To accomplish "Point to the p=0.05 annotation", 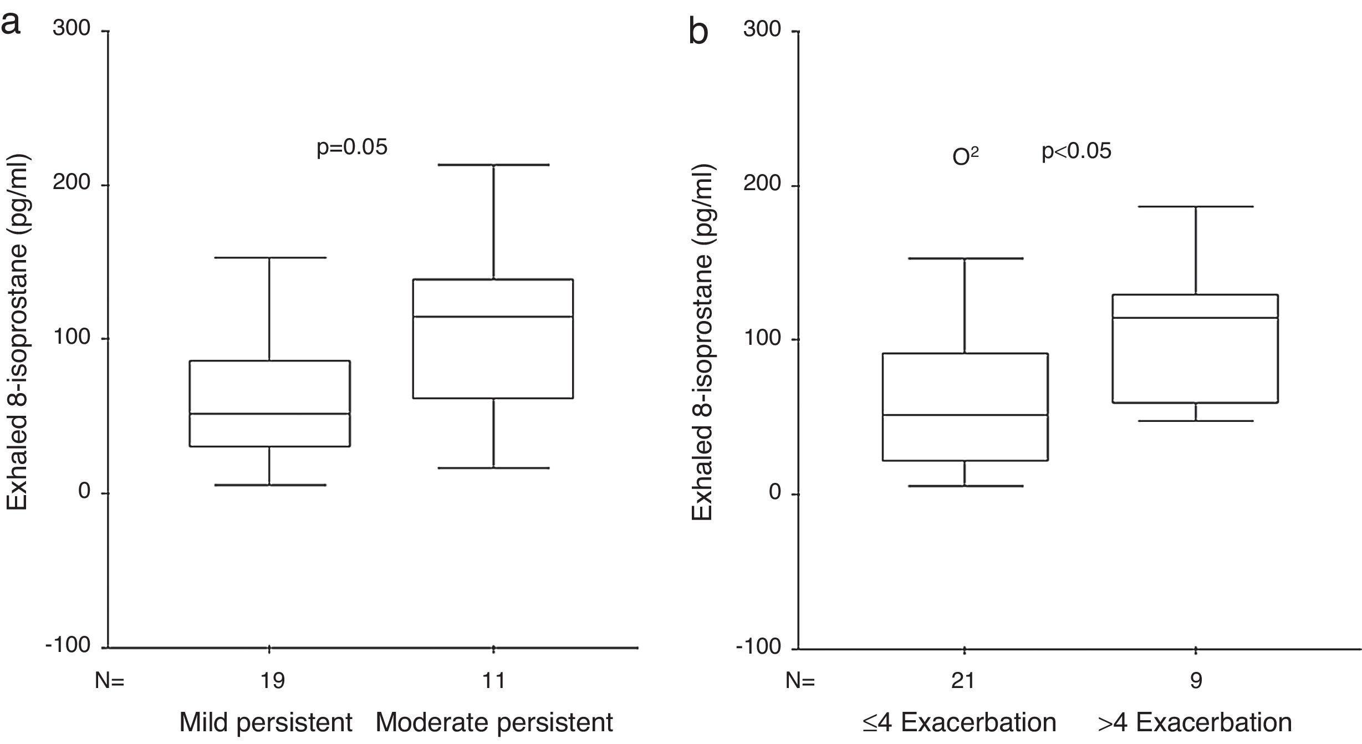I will click(352, 147).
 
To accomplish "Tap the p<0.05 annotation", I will click(1077, 151).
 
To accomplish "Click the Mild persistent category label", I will click(266, 722).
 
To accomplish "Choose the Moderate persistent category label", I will click(494, 722).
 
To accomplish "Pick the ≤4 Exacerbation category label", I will click(959, 722).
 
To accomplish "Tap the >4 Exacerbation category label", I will click(1195, 722).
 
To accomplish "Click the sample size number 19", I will click(272, 680).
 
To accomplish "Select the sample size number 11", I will click(494, 680).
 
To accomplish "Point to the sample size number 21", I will click(963, 680).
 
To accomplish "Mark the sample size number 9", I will click(1196, 680).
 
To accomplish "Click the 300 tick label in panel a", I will click(72, 28).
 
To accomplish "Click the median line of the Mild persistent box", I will click(269, 414).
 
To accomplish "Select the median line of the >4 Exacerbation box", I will click(1195, 318).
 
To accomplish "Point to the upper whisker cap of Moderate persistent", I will click(493, 165).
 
